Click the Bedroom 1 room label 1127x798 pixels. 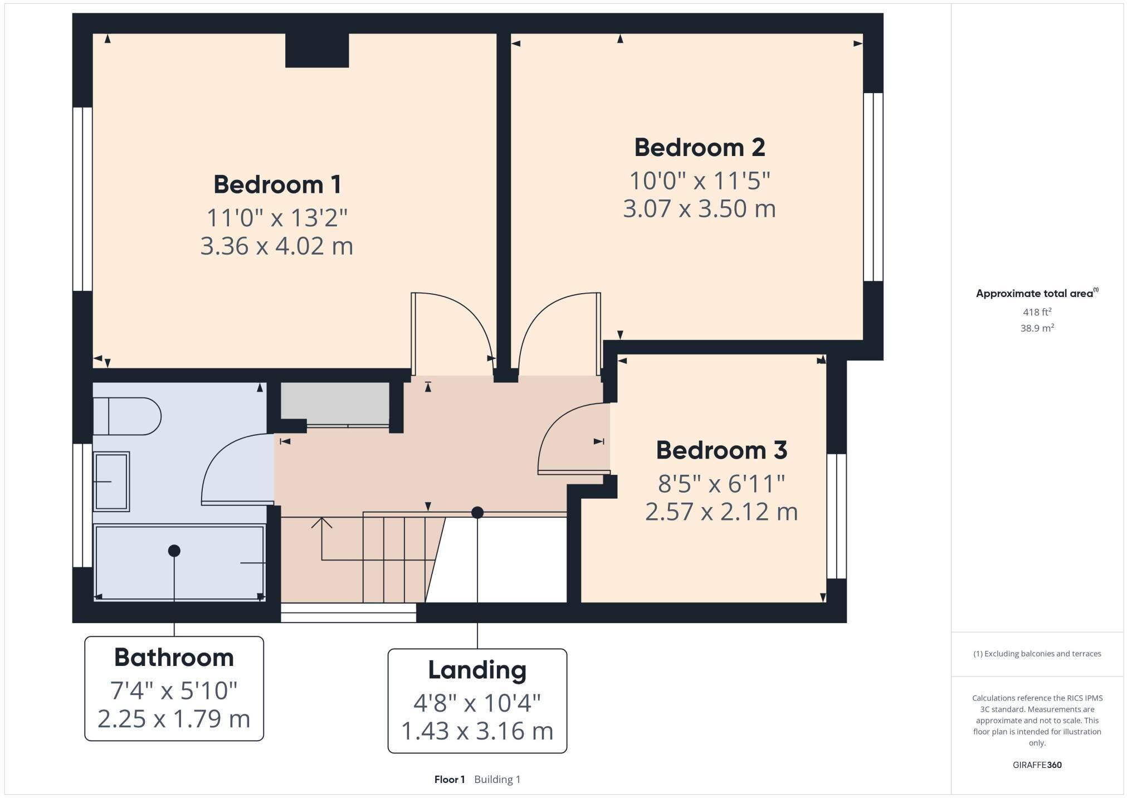[277, 184]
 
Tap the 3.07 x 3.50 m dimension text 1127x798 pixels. [699, 209]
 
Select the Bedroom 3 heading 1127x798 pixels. [721, 450]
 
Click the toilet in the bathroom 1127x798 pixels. [127, 416]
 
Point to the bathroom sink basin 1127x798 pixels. [111, 481]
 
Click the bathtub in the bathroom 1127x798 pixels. [179, 563]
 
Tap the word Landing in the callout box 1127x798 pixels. [477, 670]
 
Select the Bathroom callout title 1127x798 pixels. [174, 658]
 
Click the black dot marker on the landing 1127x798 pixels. [477, 513]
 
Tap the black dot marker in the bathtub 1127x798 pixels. [174, 551]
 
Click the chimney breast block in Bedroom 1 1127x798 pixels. [317, 50]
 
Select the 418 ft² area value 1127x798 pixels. [1037, 312]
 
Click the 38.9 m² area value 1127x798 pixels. [1037, 328]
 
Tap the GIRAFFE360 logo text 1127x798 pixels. [1037, 765]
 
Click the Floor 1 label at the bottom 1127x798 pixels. [449, 780]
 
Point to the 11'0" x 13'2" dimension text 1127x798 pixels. [277, 218]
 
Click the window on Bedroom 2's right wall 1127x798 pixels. [873, 187]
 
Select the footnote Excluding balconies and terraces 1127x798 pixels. [1037, 654]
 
